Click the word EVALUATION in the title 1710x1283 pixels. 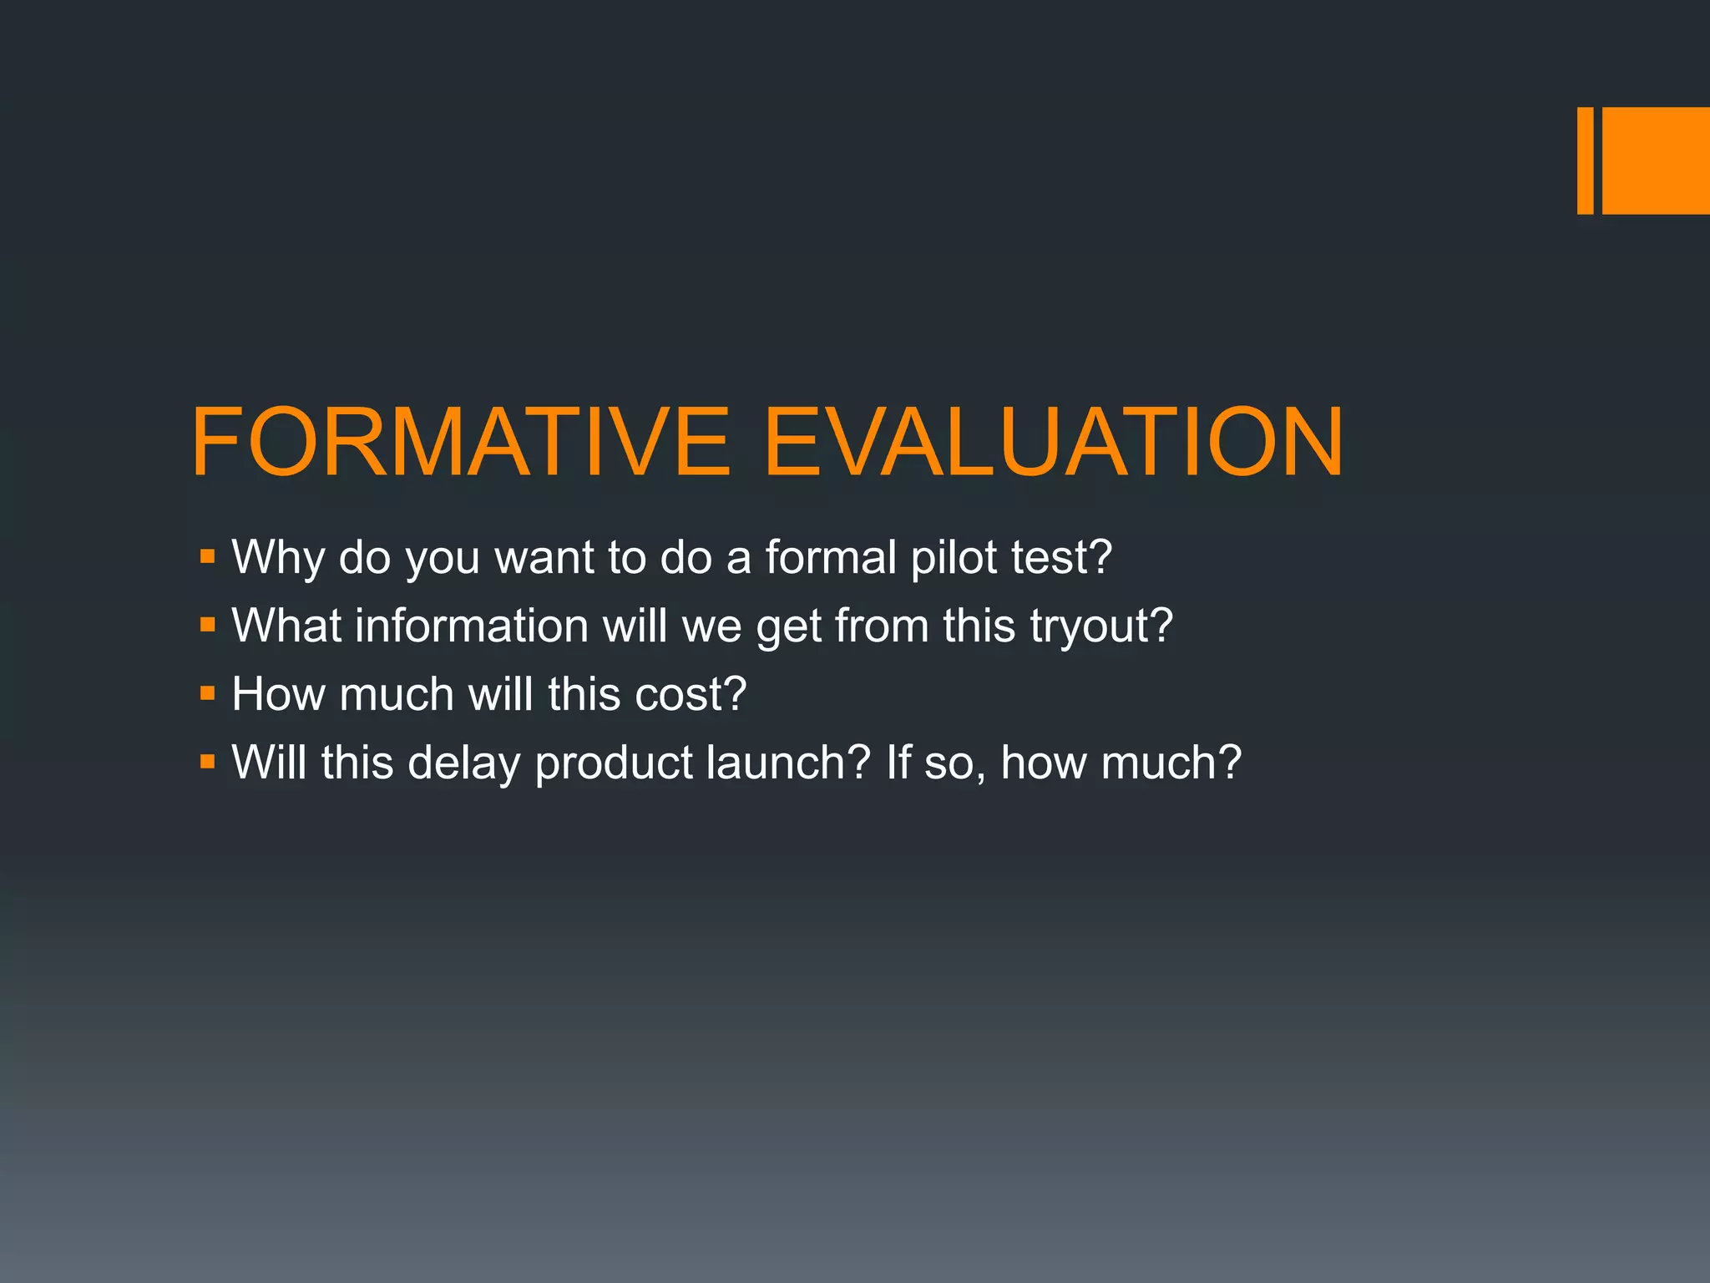pyautogui.click(x=1054, y=443)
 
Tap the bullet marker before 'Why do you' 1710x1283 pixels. pyautogui.click(x=208, y=555)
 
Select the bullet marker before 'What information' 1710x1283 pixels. pyautogui.click(x=208, y=624)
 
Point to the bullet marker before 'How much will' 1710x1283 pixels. pyautogui.click(x=208, y=692)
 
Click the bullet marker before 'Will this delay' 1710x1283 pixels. pyautogui.click(x=208, y=761)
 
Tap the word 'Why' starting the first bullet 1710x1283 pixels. pyautogui.click(x=278, y=558)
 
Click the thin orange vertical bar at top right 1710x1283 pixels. pyautogui.click(x=1585, y=160)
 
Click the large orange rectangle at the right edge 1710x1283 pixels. pyautogui.click(x=1656, y=160)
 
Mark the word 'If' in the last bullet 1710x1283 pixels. pyautogui.click(x=898, y=763)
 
